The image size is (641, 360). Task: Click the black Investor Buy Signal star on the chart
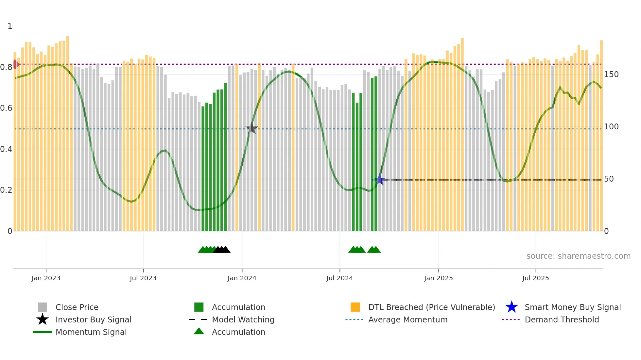pos(251,128)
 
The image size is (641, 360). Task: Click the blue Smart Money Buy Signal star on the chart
pos(380,179)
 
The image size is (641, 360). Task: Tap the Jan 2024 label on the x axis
pos(242,278)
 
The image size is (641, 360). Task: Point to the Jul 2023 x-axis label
pos(143,278)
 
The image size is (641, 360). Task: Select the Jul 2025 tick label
pos(535,278)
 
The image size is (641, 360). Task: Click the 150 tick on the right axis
pos(611,74)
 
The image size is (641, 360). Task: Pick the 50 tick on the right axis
pos(609,179)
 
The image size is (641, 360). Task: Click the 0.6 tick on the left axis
pos(6,108)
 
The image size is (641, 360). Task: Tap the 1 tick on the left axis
pos(10,26)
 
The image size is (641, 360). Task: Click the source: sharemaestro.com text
pos(578,256)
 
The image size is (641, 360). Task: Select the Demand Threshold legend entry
pos(562,319)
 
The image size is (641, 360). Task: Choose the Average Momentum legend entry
pos(407,319)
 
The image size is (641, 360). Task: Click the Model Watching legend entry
pos(243,319)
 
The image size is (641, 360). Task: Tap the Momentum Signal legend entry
pos(91,332)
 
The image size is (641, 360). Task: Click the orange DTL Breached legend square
pos(355,307)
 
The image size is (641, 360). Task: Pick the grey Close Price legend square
pos(43,307)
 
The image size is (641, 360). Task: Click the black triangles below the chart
pos(222,250)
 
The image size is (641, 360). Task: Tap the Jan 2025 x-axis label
pos(438,278)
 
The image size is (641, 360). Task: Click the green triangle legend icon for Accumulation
pos(199,332)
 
